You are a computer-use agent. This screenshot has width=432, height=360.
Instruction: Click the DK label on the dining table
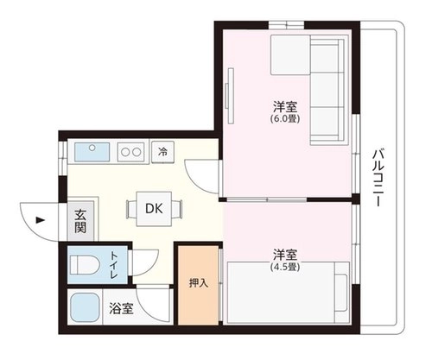point(154,209)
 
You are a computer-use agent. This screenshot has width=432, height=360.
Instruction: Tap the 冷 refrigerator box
point(163,152)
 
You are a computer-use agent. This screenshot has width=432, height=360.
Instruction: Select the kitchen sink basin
point(92,152)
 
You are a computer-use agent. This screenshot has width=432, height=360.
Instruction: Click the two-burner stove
point(130,152)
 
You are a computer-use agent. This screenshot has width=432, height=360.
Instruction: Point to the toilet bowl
point(83,265)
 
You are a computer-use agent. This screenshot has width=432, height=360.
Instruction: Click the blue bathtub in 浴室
point(85,307)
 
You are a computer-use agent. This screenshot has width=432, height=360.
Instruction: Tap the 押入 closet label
point(199,283)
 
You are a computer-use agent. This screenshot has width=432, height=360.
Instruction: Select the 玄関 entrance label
point(80,222)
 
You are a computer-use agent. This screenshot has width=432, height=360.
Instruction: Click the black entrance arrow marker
point(40,220)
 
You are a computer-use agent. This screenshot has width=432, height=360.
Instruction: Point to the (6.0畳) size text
point(285,118)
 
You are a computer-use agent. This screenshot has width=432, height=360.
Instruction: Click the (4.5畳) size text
point(285,267)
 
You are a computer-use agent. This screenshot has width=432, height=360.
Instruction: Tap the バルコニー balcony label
point(379,178)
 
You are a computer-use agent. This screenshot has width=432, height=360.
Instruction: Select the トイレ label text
point(114,265)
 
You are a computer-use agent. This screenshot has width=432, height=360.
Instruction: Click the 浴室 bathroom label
point(121,308)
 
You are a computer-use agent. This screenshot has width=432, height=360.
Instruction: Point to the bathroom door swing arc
point(149,309)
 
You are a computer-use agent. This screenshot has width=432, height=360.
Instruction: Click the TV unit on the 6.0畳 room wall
point(230,96)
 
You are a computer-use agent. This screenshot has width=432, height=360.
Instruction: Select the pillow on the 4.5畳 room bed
point(341,293)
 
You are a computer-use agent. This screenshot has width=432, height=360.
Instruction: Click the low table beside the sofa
point(290,54)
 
